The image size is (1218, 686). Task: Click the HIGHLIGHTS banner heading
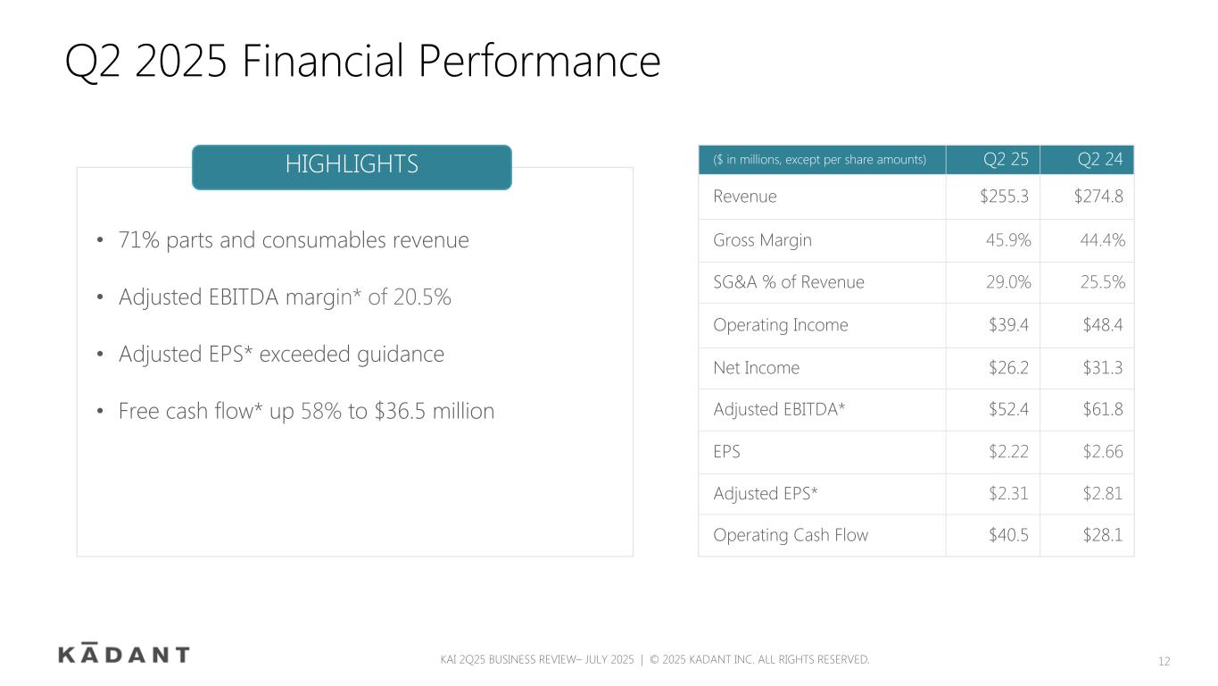pos(352,163)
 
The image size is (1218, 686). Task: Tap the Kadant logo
pos(124,653)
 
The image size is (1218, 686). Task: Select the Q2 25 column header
pos(1006,159)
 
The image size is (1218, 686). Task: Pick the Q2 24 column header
pos(1099,159)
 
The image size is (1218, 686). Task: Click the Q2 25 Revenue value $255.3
pos(1004,196)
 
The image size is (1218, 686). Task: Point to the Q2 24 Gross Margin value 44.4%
pos(1102,240)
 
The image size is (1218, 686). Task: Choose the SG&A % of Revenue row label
pos(789,282)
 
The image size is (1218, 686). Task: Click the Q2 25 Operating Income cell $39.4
pos(1008,324)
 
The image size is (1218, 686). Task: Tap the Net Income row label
pos(757,367)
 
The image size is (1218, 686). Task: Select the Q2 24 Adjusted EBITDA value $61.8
pos(1102,409)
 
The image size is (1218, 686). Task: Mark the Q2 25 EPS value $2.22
pos(1008,451)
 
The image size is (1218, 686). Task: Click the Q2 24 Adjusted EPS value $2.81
pos(1102,493)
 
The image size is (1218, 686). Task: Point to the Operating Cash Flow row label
pos(791,535)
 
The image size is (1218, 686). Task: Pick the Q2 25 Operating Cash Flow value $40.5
pos(1008,535)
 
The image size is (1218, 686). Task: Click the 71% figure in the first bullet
pos(138,240)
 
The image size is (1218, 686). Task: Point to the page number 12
pos(1164,661)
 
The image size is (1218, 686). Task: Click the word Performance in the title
pos(539,61)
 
